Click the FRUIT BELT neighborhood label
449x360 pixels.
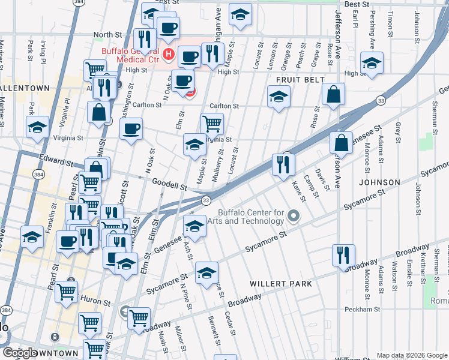300,80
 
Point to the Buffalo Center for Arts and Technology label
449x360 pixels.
250,217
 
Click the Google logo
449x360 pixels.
20,353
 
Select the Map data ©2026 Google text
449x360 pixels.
411,355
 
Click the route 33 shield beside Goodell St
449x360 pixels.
205,200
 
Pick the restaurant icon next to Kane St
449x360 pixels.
283,164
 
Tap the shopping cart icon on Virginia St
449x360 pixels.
212,124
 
